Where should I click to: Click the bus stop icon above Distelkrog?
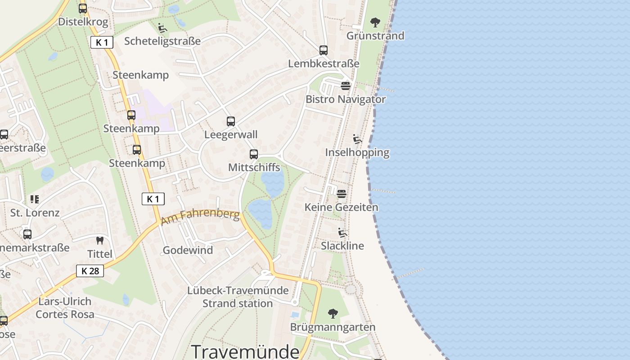click(x=83, y=8)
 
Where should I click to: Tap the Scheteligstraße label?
click(x=162, y=41)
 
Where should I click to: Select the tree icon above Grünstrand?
click(x=375, y=22)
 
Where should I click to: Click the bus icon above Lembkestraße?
click(x=324, y=50)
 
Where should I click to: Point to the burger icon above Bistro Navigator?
click(x=346, y=85)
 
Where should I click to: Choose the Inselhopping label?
click(x=357, y=153)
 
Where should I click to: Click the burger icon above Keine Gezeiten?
click(x=342, y=194)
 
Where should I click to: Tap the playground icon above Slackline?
click(x=342, y=233)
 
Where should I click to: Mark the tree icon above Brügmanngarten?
click(x=333, y=313)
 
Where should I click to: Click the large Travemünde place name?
click(x=245, y=351)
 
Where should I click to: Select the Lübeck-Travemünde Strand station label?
click(x=238, y=297)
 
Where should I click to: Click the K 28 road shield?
click(x=90, y=270)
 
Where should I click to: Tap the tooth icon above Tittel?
click(x=100, y=241)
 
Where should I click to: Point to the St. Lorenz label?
click(x=35, y=212)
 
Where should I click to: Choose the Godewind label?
click(x=188, y=250)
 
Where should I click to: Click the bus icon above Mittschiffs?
click(x=254, y=154)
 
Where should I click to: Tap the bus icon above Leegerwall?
click(x=231, y=121)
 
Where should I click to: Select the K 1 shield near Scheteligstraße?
click(x=102, y=42)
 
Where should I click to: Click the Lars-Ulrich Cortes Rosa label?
click(x=65, y=308)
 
